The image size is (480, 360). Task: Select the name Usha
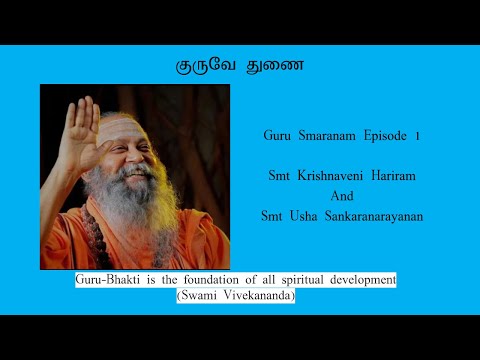tap(302, 217)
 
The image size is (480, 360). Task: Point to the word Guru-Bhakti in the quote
tap(105, 281)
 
